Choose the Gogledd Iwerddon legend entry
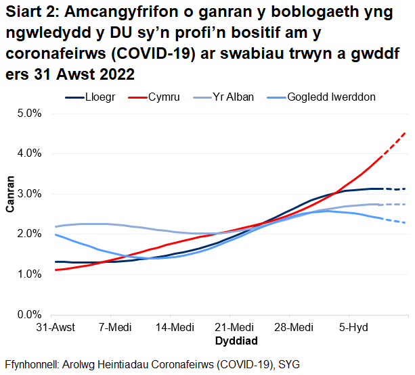tap(331, 97)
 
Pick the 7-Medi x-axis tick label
tap(113, 327)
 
